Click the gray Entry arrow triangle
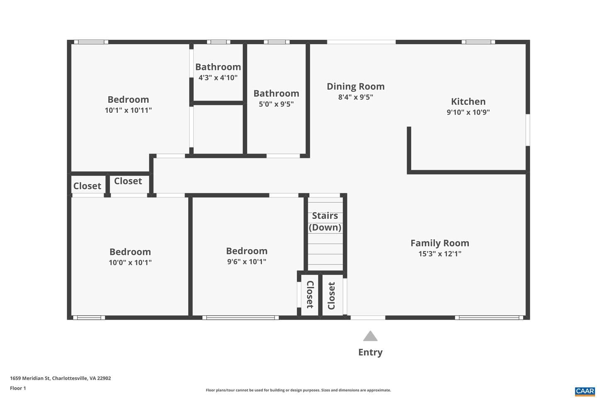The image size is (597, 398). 370,336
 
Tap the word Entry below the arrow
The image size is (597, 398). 370,352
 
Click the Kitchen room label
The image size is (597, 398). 468,102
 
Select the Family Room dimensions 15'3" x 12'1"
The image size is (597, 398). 440,253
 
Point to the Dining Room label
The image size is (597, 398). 356,87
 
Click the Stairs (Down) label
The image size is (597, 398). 325,221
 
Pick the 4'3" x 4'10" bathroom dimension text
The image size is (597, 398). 218,78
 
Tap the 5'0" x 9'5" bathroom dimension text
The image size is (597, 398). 276,104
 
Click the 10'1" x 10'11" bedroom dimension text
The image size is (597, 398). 128,110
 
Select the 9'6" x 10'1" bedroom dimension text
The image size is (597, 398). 247,262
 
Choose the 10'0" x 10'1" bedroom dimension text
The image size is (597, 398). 130,262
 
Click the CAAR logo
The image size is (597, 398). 585,391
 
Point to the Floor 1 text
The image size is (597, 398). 18,388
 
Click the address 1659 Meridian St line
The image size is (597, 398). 61,378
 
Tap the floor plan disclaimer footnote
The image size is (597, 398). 298,390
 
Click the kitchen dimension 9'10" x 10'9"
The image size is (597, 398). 468,112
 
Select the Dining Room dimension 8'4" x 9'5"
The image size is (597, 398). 356,97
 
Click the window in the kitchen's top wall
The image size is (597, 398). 478,42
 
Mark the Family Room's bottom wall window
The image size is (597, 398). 489,318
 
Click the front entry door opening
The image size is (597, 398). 368,318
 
